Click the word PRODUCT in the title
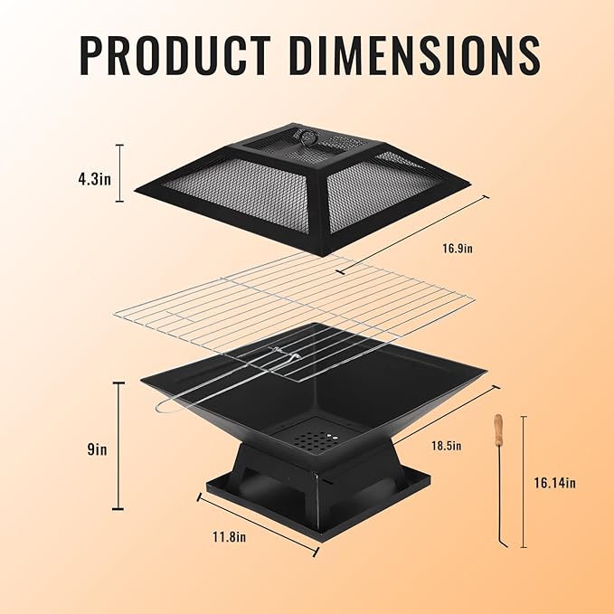(175, 55)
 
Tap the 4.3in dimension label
(94, 179)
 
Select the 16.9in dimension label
(458, 249)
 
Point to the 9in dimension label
(97, 449)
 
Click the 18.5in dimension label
(447, 446)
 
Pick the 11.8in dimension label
(230, 536)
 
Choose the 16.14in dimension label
(555, 483)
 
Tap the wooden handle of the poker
(498, 430)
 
